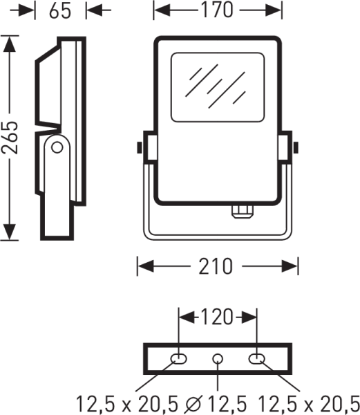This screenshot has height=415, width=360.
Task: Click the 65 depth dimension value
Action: coord(60,11)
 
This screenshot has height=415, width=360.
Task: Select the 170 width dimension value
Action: coord(217,10)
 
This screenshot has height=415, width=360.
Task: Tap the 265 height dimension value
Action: coord(10,138)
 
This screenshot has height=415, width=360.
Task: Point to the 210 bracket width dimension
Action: coord(216,266)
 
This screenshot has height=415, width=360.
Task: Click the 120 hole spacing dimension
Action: coord(217,317)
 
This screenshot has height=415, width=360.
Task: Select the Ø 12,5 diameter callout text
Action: coord(216,404)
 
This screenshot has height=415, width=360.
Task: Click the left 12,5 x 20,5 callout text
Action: coord(127,404)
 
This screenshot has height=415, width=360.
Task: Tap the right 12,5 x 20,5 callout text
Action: coord(308,404)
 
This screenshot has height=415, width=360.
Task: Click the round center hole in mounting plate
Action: coord(218,359)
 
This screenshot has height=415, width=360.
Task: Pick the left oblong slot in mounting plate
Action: coord(179,359)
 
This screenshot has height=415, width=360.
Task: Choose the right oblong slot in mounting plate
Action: coord(256,359)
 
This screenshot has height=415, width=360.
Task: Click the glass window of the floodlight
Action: coord(218,87)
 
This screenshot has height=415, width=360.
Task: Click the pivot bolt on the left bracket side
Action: coord(140,148)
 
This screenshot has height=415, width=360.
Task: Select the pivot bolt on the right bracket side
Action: coord(296,147)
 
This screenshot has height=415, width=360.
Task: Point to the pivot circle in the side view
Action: coord(57,147)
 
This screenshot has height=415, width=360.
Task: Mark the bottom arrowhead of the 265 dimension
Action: coord(10,232)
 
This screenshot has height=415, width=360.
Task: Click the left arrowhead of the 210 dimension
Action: coord(146,266)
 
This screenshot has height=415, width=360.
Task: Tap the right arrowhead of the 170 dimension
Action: coord(274,10)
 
